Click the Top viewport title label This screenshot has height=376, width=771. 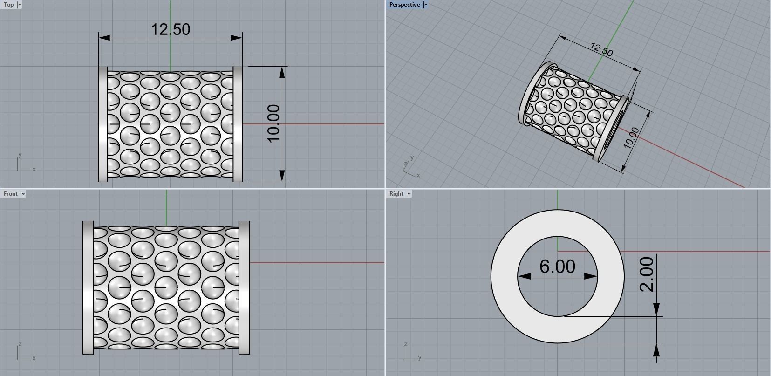click(x=8, y=5)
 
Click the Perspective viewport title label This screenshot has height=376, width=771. click(x=404, y=5)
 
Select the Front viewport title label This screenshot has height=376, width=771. click(x=10, y=194)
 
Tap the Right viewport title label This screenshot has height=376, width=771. click(x=396, y=194)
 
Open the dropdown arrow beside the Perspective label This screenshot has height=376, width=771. click(x=426, y=5)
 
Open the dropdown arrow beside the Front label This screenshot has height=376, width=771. click(x=23, y=194)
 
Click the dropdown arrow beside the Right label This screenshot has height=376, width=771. click(x=409, y=194)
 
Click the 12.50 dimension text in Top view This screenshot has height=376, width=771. click(x=171, y=29)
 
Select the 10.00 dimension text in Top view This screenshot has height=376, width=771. click(x=273, y=123)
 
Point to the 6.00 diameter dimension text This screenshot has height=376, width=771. click(x=557, y=267)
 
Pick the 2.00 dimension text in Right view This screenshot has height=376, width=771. click(x=647, y=274)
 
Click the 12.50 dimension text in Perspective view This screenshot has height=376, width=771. click(x=601, y=49)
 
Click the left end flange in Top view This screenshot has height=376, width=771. click(x=103, y=124)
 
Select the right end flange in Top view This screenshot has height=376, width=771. click(x=238, y=124)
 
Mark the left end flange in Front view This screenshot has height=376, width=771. click(x=88, y=288)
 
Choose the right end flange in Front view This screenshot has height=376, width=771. click(x=245, y=288)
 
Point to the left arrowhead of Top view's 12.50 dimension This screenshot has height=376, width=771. click(x=104, y=37)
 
